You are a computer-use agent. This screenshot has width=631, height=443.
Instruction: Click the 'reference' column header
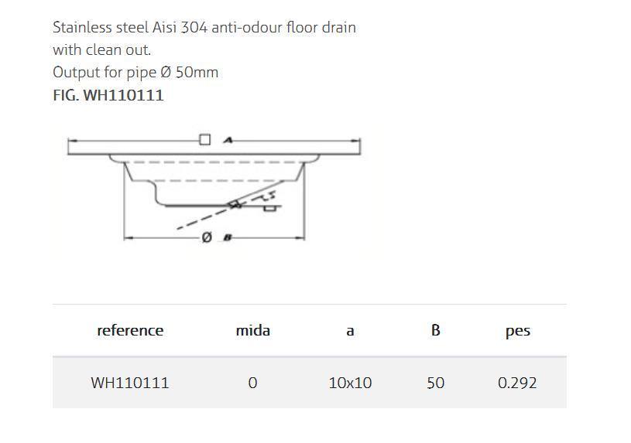click(130, 331)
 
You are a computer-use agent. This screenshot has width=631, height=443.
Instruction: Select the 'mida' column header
click(252, 331)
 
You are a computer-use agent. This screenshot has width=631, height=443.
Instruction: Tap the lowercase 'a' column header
click(350, 332)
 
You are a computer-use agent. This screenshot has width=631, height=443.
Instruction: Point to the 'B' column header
click(435, 331)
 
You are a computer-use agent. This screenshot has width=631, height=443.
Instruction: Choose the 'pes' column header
click(517, 332)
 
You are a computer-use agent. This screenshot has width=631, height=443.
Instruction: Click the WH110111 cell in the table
click(130, 383)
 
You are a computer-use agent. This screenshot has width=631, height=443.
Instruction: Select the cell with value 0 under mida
click(252, 383)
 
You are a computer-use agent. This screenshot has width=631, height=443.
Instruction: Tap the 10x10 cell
click(350, 383)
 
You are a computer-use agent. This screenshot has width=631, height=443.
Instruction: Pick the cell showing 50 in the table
click(435, 383)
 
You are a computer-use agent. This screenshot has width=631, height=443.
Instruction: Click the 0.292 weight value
click(517, 383)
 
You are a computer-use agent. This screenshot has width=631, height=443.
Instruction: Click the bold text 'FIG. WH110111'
click(108, 96)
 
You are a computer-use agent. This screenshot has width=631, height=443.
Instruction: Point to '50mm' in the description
click(197, 73)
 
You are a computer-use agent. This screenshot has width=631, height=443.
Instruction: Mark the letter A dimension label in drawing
click(228, 140)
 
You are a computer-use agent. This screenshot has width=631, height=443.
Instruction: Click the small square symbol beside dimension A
click(204, 140)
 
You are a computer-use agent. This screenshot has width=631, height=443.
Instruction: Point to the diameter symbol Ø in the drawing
click(207, 238)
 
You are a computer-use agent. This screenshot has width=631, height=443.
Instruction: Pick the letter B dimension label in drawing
click(228, 238)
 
